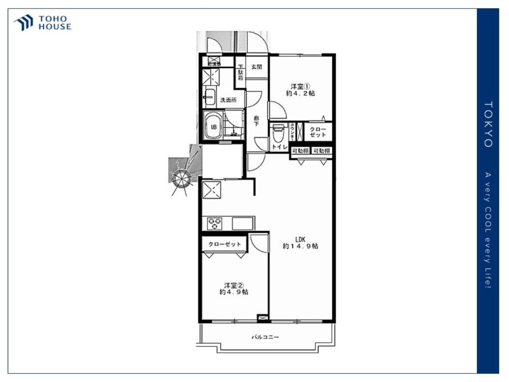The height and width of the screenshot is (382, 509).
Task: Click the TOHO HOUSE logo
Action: (x=43, y=23)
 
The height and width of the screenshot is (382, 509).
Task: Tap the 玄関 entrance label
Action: (x=257, y=67)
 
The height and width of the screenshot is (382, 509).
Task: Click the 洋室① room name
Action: (x=300, y=86)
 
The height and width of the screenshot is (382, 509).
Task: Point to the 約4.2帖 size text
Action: (x=300, y=94)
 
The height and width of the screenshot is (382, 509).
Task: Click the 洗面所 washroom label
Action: (x=228, y=100)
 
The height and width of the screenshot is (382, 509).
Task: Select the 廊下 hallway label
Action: (x=257, y=121)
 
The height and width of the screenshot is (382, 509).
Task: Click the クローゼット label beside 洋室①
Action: (x=318, y=132)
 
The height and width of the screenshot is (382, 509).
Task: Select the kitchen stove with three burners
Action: (x=214, y=223)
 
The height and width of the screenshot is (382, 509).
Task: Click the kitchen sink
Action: (x=243, y=223)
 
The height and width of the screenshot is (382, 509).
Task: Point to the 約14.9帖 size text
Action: (x=300, y=247)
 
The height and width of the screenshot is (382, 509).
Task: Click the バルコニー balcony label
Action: (x=265, y=337)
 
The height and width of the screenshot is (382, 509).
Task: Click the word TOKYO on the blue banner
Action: (x=488, y=125)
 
